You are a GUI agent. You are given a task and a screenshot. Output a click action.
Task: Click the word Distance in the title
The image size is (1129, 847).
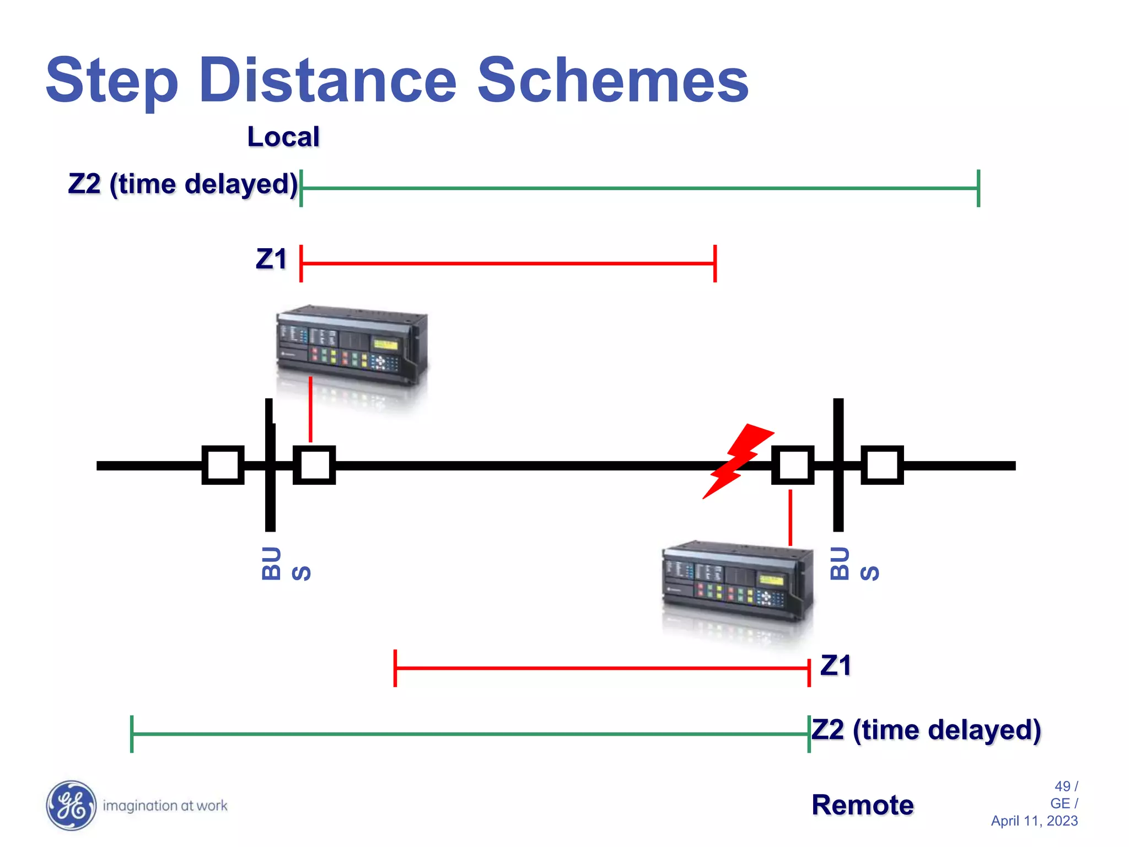[x=327, y=81]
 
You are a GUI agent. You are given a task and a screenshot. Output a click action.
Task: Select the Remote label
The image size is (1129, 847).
[x=862, y=805]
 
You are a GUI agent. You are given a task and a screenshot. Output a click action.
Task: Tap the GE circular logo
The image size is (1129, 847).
[x=71, y=805]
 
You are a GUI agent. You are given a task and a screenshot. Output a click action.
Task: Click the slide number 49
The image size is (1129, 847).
[x=1062, y=786]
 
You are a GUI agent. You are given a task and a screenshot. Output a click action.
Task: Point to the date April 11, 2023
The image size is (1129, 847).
[x=1034, y=821]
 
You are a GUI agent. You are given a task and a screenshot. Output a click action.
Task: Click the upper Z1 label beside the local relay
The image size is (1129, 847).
[x=271, y=259]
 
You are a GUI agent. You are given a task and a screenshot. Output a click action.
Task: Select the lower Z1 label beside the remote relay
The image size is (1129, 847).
[x=835, y=665]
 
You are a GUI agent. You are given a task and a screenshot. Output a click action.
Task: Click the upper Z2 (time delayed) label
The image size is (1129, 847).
[x=183, y=184]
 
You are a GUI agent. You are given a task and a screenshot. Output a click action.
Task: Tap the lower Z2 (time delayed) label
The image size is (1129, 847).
[x=926, y=730]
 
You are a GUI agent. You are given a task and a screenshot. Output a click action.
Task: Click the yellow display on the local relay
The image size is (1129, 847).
[x=385, y=345]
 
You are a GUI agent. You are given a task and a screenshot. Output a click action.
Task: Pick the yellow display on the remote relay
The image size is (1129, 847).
[x=771, y=580]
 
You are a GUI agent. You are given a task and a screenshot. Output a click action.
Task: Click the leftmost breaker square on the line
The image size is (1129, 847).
[x=223, y=465]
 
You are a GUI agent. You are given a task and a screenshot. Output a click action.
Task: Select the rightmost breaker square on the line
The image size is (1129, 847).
[x=882, y=465]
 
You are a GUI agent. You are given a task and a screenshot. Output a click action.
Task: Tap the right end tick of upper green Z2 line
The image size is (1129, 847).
[x=979, y=188]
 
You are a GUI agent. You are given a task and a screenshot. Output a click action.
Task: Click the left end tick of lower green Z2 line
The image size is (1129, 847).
[x=132, y=734]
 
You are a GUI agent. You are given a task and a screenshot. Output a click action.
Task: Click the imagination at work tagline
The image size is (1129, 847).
[x=165, y=806]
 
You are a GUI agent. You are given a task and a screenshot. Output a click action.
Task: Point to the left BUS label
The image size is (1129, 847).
[x=286, y=564]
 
